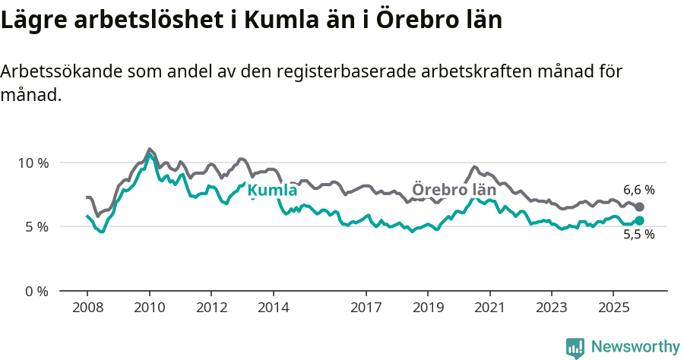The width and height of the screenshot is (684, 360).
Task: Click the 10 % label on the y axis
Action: (x=33, y=163)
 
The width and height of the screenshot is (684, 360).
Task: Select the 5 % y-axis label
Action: (x=36, y=226)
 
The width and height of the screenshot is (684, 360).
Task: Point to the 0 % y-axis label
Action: (x=36, y=291)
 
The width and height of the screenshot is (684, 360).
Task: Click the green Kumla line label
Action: (x=272, y=190)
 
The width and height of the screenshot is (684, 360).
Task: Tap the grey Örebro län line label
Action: (x=454, y=190)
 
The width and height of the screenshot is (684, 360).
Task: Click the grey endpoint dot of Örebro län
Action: (x=639, y=207)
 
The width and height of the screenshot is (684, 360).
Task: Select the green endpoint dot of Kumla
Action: (x=639, y=220)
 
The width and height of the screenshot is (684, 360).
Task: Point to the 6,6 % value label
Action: (x=638, y=190)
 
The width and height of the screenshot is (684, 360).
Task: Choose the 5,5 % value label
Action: (x=638, y=235)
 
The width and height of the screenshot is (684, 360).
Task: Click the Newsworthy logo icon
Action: (x=575, y=347)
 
